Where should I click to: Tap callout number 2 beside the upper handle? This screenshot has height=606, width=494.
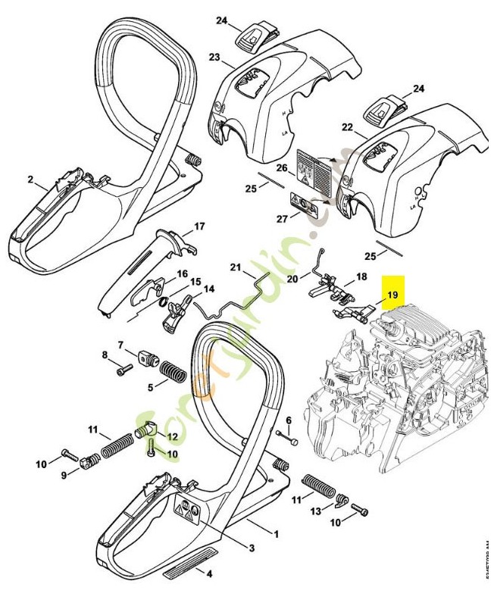pyautogui.click(x=30, y=180)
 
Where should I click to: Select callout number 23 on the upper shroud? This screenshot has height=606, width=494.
pyautogui.click(x=214, y=58)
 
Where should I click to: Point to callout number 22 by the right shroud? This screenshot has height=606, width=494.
pyautogui.click(x=347, y=129)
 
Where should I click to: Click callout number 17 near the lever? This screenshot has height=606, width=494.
pyautogui.click(x=199, y=226)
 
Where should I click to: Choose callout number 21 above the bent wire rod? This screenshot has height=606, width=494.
pyautogui.click(x=235, y=269)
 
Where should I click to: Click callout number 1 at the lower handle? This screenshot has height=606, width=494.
pyautogui.click(x=276, y=533)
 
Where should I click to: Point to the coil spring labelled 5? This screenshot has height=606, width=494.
pyautogui.click(x=175, y=373)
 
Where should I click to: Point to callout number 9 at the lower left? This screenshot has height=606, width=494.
pyautogui.click(x=64, y=474)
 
